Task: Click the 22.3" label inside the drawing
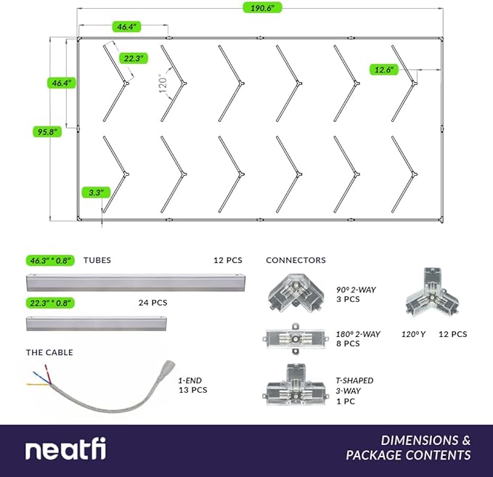[x=134, y=57]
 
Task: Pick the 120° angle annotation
[x=163, y=84]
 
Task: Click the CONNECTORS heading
[x=296, y=260]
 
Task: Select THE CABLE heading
[x=49, y=353]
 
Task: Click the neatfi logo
[x=65, y=450]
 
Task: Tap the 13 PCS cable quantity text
[x=193, y=390]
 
